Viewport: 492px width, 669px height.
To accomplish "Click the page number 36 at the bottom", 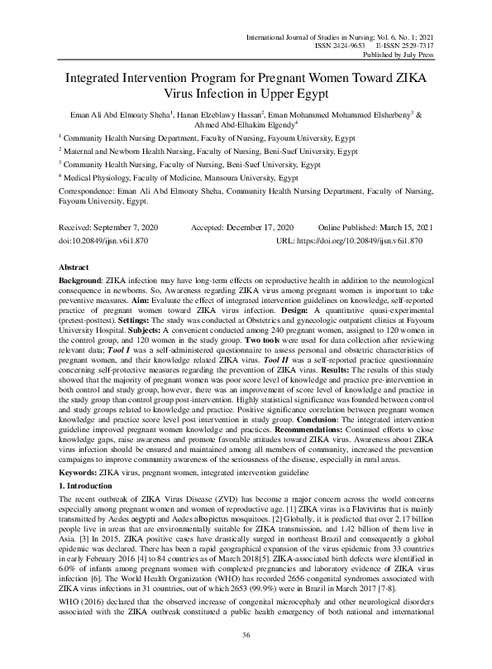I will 246,634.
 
